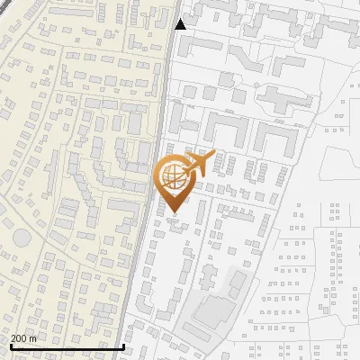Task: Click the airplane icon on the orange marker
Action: (x=199, y=164)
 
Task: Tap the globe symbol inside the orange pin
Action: (x=172, y=178)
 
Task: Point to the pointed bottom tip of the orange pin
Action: (x=172, y=211)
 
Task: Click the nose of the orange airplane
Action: (x=214, y=155)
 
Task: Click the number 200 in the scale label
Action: (x=19, y=338)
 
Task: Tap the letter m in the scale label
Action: (x=32, y=338)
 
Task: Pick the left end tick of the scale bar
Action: (x=11, y=346)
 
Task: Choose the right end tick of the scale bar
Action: (x=123, y=346)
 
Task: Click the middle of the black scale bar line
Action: (x=67, y=346)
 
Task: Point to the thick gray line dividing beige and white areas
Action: (x=153, y=180)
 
